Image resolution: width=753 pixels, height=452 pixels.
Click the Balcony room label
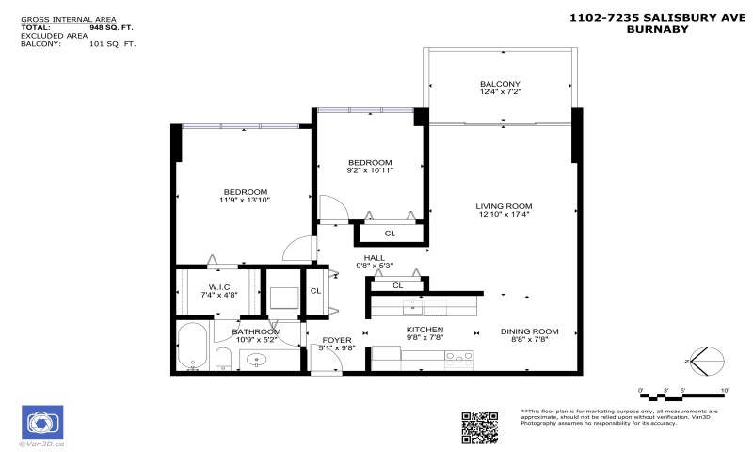500,84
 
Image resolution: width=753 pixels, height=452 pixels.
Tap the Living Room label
504,206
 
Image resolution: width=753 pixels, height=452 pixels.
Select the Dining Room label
530,331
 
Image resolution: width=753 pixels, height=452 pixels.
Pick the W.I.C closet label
218,287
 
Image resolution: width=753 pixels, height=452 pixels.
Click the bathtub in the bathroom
192,347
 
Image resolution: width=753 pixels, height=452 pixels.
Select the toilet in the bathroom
223,359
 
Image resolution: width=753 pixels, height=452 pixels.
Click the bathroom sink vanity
257,359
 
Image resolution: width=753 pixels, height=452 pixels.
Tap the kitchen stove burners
457,356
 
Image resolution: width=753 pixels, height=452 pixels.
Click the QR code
479,427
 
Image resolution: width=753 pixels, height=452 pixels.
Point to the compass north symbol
708,361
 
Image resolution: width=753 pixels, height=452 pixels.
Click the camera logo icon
41,422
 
